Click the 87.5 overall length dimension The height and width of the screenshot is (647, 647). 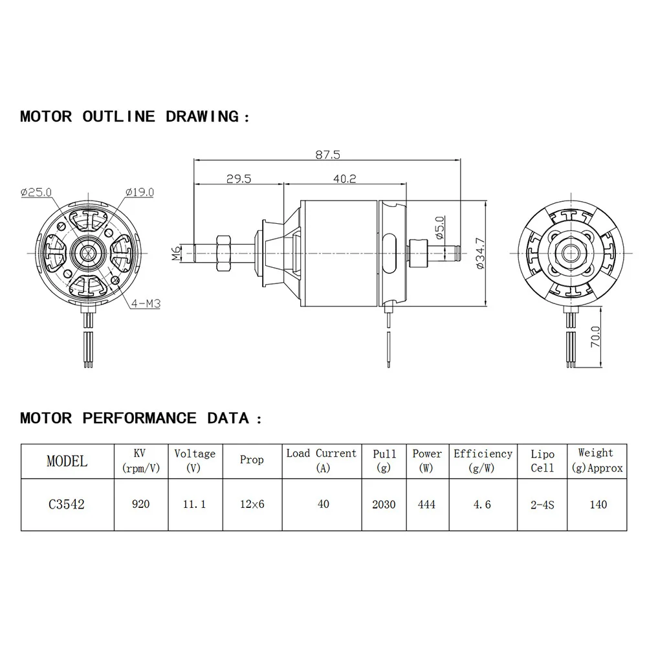pyautogui.click(x=327, y=155)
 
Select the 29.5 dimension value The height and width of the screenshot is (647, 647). pyautogui.click(x=239, y=179)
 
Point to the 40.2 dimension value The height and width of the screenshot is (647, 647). pyautogui.click(x=345, y=179)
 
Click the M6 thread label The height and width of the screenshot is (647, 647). pyautogui.click(x=177, y=253)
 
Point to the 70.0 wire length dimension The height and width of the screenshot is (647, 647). pyautogui.click(x=596, y=338)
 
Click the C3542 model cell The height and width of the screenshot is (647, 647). pyautogui.click(x=66, y=505)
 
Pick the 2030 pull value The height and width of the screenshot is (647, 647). pyautogui.click(x=384, y=504)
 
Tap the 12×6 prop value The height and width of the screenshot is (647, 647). pyautogui.click(x=252, y=504)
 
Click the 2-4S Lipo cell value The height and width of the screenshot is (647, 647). pyautogui.click(x=542, y=504)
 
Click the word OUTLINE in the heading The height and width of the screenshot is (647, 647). pyautogui.click(x=118, y=116)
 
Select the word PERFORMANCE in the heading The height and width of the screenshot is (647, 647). pyautogui.click(x=139, y=418)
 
